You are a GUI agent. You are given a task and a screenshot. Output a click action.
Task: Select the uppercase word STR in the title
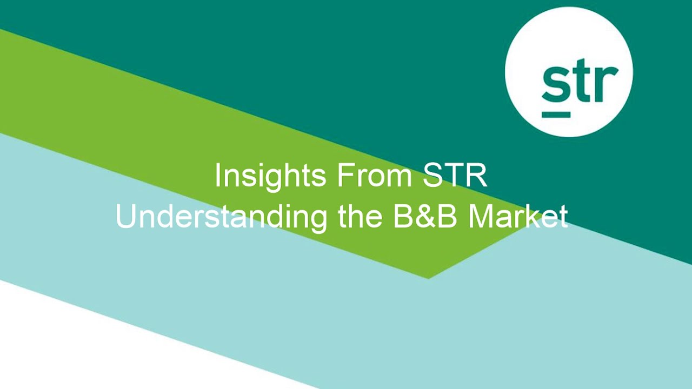click(455, 176)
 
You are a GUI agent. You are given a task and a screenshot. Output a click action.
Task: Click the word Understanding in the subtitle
click(221, 217)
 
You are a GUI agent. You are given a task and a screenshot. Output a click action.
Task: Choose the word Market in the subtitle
click(518, 217)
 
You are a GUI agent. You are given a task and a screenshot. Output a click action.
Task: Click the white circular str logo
click(569, 72)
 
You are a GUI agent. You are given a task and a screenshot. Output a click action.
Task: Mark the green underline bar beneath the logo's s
click(556, 114)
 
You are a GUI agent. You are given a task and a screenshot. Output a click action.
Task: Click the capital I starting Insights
click(217, 176)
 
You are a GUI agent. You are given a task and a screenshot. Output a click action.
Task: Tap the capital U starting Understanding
click(126, 217)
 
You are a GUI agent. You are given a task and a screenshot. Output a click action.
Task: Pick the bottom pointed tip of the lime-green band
click(428, 278)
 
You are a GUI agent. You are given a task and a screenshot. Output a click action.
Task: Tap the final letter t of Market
click(563, 217)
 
